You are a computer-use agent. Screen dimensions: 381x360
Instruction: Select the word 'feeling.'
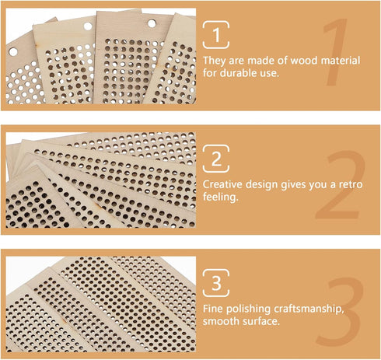[220, 197]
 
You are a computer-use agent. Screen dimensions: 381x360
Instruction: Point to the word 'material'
[341, 61]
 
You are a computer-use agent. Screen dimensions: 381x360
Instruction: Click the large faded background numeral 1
[334, 53]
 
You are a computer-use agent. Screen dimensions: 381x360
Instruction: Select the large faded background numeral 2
[341, 185]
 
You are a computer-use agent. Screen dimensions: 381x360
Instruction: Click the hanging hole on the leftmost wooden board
[13, 52]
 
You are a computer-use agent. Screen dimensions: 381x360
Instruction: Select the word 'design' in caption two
[262, 184]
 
